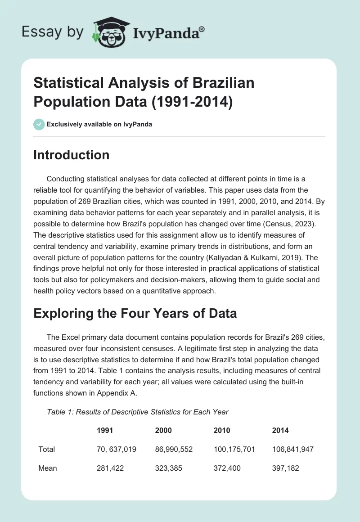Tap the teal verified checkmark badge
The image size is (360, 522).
pos(39,124)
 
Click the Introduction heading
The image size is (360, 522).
pos(72,155)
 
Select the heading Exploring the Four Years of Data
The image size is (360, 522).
pos(135,313)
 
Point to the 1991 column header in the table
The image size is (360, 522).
pos(105,430)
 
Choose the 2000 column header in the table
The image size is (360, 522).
pos(163,430)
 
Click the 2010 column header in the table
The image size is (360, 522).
pos(221,430)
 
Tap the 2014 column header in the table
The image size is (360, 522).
pos(280,430)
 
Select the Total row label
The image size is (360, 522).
pos(46,449)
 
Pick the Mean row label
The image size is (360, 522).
pos(48,468)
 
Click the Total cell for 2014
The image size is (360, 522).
pos(293,449)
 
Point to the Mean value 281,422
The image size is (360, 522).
pos(110,468)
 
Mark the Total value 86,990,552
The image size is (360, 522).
pos(174,449)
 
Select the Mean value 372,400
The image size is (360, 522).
pos(227,468)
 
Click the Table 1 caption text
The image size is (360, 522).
pos(138,412)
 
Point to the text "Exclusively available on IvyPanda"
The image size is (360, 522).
pos(99,124)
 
